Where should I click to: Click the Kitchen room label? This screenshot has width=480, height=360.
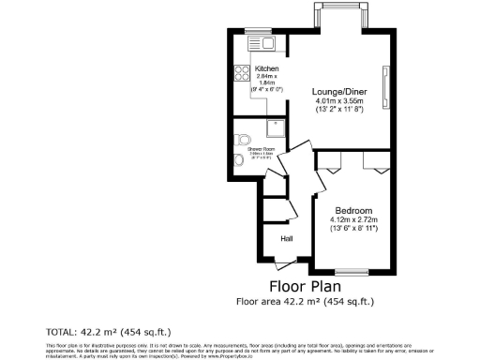pos(265,68)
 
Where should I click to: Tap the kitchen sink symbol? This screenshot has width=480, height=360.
pos(260,43)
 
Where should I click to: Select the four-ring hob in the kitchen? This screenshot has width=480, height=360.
pos(240,72)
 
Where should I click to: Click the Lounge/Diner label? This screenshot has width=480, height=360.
pos(338,91)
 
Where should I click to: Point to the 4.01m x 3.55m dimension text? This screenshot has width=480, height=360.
pos(338,100)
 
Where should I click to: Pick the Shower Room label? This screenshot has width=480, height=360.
pos(262,149)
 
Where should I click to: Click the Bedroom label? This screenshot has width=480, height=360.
pos(352,210)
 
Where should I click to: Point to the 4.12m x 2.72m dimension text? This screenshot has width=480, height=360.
pos(352,219)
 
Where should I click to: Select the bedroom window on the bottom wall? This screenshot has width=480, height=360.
pos(352,271)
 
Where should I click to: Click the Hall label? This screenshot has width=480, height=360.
pos(287,239)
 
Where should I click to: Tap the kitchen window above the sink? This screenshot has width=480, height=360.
pos(257,31)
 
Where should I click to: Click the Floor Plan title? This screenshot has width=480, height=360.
pos(305,286)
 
